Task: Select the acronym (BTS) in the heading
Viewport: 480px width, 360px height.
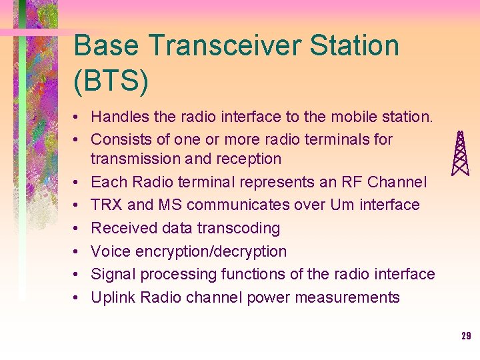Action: (111, 80)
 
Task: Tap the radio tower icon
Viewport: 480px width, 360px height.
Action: (460, 153)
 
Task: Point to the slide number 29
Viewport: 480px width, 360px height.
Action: (466, 336)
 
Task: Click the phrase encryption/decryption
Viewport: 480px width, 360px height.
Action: (212, 251)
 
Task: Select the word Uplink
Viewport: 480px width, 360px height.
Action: (113, 297)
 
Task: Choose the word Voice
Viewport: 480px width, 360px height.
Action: (111, 251)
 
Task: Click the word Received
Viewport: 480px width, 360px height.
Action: (120, 228)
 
